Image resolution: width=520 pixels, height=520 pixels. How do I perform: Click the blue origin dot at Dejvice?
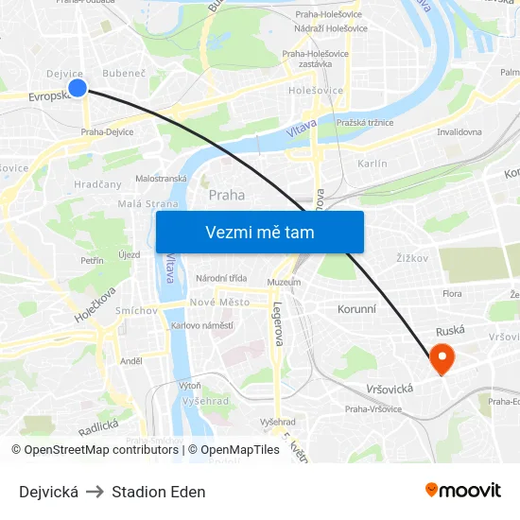pos(78,88)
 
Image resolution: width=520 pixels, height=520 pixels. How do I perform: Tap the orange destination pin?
pos(442,357)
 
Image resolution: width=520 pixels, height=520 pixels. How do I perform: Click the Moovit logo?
pos(463,491)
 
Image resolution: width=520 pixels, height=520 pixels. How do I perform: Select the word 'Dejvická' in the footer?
pos(48,492)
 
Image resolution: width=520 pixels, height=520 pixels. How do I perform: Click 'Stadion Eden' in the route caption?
pos(158,492)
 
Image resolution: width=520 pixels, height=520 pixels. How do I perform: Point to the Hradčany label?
pos(97,184)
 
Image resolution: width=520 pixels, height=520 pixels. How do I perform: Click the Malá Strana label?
pos(142,202)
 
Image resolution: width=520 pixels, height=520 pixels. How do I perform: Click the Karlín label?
pos(373,164)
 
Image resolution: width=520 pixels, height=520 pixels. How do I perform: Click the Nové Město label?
pos(219,302)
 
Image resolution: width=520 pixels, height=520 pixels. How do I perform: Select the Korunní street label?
pos(356,309)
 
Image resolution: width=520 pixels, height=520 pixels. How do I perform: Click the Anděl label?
pos(130,360)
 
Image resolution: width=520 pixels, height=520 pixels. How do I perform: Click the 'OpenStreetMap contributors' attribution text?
pos(101,450)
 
